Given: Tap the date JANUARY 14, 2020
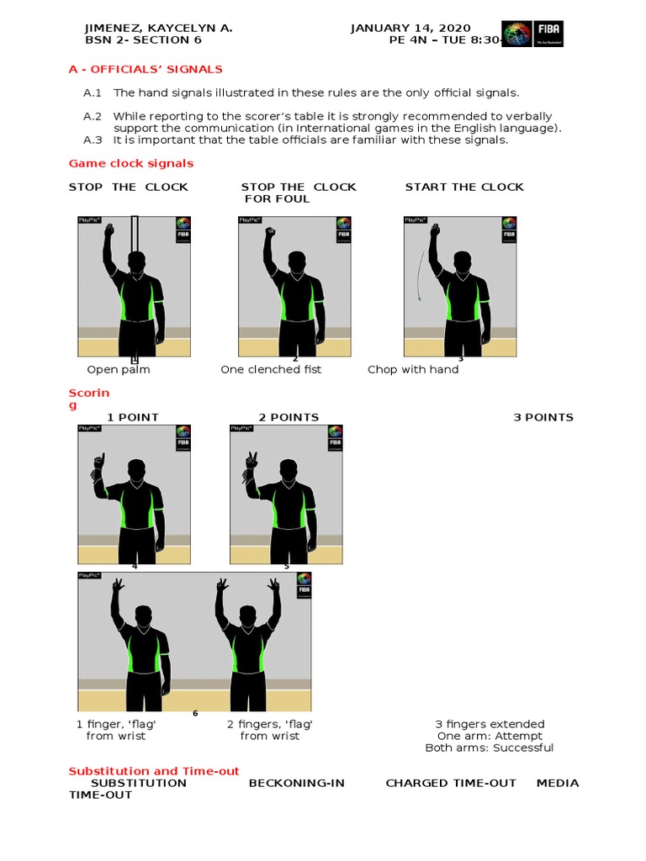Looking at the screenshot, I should click(410, 28).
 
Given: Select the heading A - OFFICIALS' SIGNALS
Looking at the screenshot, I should click(146, 69).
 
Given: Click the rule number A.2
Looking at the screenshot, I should click(93, 116).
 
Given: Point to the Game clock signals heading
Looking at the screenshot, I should click(131, 163).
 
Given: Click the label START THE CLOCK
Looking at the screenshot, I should click(464, 187).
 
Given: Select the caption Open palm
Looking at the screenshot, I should click(119, 369).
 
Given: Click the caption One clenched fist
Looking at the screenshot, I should click(271, 369).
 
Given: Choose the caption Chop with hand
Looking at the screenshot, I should click(413, 369).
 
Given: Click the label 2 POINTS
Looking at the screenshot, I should click(289, 417).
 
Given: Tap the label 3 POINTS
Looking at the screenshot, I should click(543, 417).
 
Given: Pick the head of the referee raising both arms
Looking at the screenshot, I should click(246, 614).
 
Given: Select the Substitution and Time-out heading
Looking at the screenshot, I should click(154, 771).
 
